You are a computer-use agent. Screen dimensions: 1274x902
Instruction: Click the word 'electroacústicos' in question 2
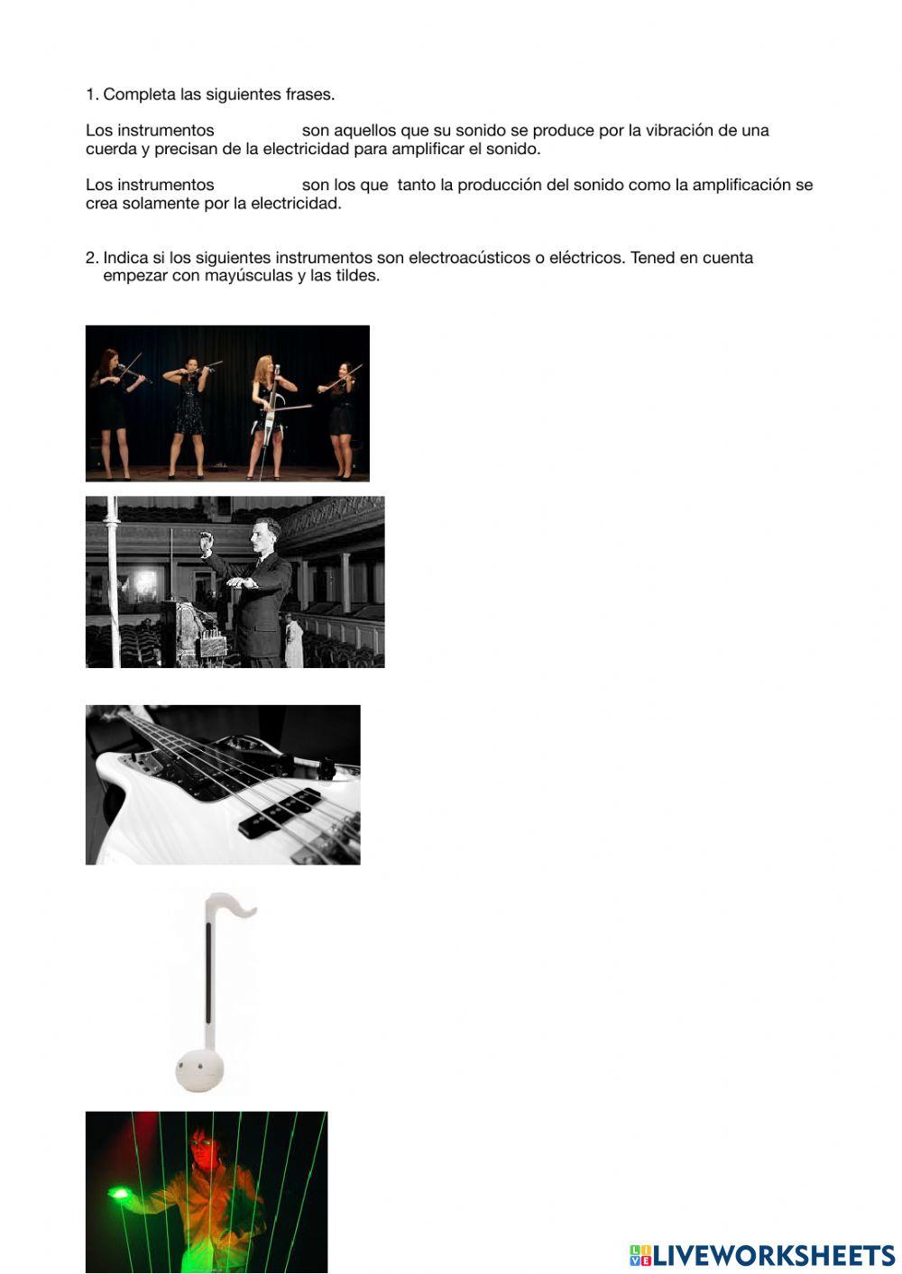coord(469,258)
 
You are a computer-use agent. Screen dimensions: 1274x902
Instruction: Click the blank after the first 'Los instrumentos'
coord(257,131)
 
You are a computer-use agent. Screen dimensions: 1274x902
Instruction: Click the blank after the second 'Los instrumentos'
coord(257,185)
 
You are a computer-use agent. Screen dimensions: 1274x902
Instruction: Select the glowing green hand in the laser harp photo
coord(120,1195)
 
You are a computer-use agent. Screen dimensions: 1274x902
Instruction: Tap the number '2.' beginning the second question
coord(92,258)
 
